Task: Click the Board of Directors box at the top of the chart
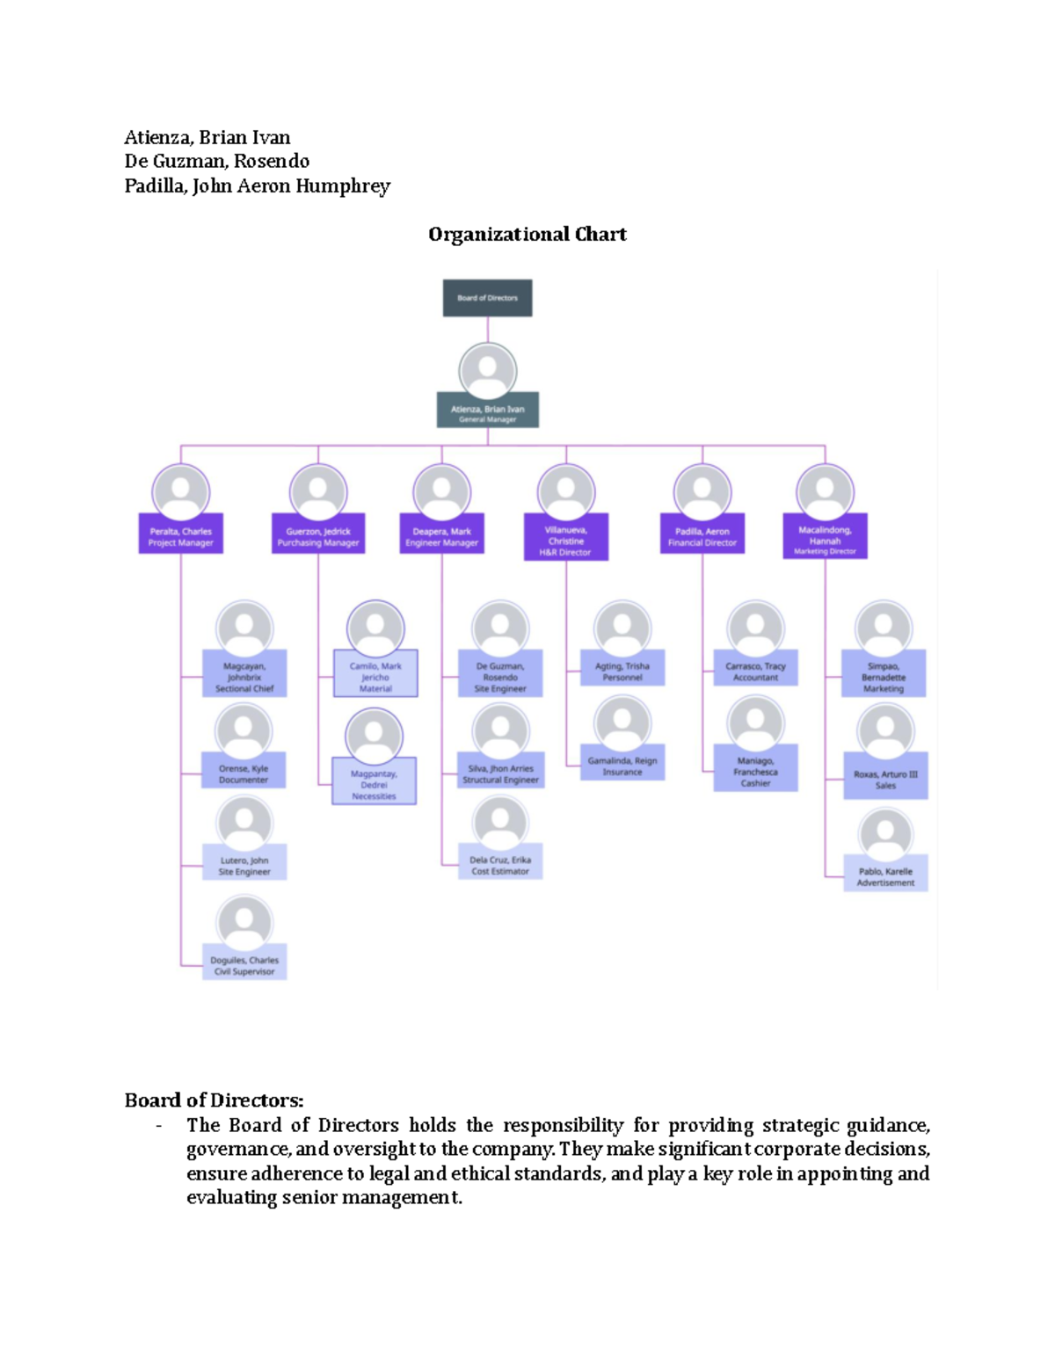487,298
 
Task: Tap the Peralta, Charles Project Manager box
180,536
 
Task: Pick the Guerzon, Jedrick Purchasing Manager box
318,536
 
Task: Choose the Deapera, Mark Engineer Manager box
441,536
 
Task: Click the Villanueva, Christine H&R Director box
565,540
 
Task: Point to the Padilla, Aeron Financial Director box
702,536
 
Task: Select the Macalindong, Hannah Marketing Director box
825,539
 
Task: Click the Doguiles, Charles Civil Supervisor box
244,965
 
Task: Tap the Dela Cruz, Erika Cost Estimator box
500,865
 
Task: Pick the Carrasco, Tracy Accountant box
755,671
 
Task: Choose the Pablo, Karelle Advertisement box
885,876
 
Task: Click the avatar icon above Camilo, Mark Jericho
375,628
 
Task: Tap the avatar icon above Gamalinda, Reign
622,723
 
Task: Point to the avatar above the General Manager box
488,370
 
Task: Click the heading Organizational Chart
527,234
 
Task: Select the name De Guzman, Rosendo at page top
216,161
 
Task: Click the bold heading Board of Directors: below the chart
214,1100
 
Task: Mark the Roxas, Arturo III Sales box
885,779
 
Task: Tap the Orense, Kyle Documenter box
244,773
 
